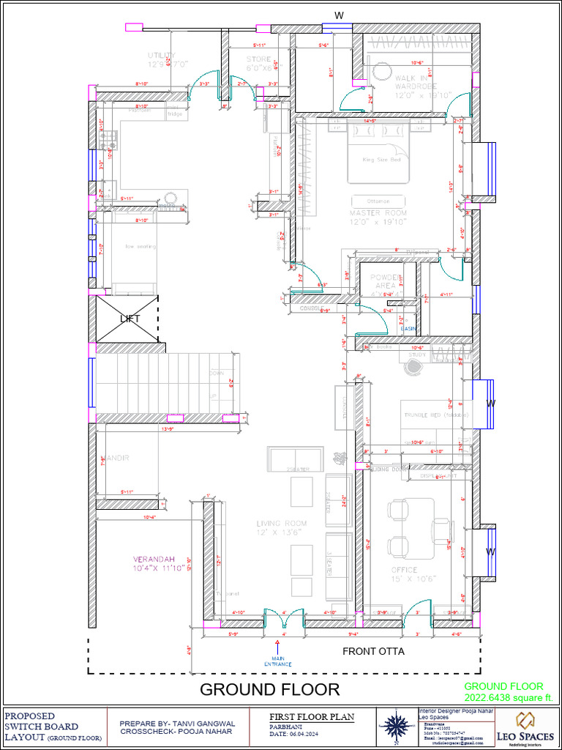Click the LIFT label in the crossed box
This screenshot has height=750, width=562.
point(130,319)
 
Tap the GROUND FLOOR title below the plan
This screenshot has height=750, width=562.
point(269,689)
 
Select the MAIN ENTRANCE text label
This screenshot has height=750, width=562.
point(278,661)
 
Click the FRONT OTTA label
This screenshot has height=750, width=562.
point(373,651)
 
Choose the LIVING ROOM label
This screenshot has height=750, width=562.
point(282,528)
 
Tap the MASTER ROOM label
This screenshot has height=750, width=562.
point(378,217)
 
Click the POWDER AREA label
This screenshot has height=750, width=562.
point(386,282)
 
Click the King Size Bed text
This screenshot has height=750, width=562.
point(381,159)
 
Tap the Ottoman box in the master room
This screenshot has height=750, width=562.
point(378,201)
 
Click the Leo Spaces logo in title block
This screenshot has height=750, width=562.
point(524,726)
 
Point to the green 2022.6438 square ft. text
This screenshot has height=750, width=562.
point(509,696)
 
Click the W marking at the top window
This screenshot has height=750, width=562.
point(338,15)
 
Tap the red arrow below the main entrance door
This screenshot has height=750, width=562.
point(278,645)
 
